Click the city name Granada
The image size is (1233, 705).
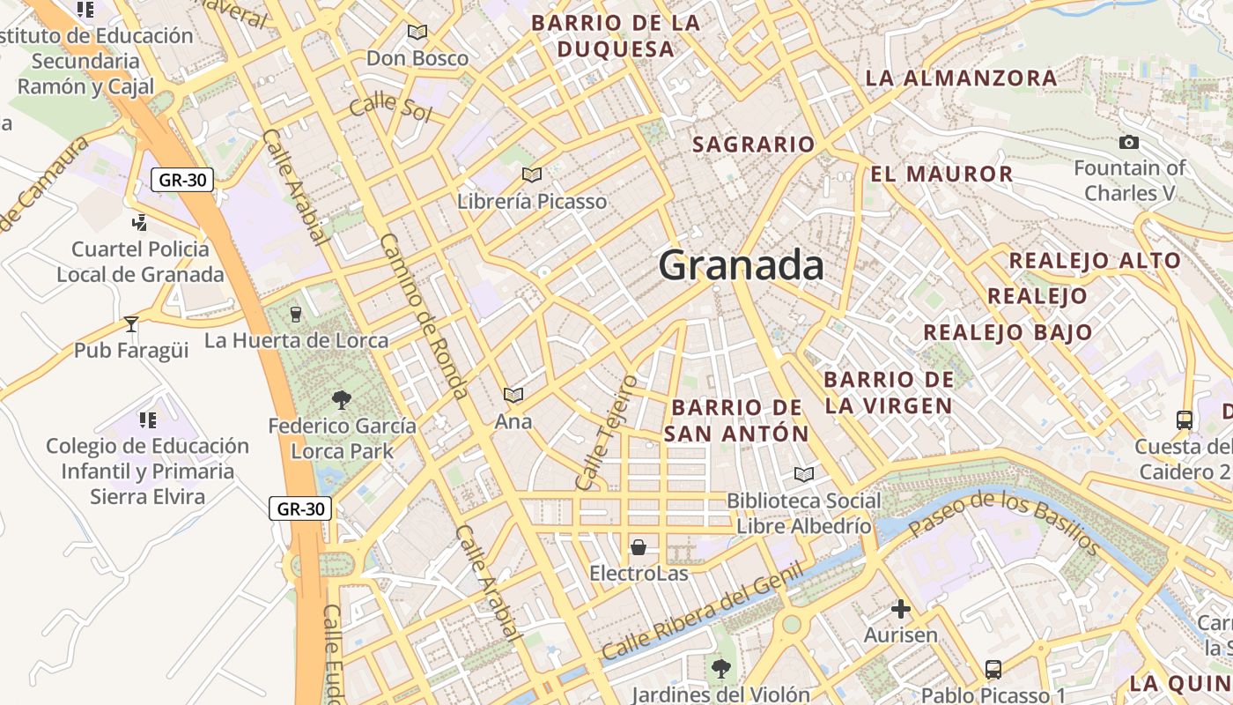(x=741, y=265)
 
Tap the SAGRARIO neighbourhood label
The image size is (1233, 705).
(x=753, y=145)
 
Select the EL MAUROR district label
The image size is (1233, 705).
(x=941, y=174)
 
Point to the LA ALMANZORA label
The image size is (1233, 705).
(x=961, y=78)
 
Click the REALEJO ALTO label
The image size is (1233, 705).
(x=1094, y=261)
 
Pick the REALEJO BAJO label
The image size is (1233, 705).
(x=1008, y=332)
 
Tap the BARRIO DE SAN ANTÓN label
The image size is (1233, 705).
(x=736, y=420)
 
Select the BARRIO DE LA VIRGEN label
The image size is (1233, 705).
(x=889, y=392)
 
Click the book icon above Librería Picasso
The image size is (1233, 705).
(x=531, y=174)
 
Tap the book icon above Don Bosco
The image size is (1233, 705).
(x=417, y=33)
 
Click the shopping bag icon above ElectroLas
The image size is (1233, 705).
(x=639, y=547)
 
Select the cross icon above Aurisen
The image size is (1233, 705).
(x=900, y=608)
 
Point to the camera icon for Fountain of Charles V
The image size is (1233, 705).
(x=1128, y=142)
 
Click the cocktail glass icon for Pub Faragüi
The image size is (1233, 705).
(x=131, y=323)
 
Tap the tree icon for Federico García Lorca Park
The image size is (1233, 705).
(x=342, y=400)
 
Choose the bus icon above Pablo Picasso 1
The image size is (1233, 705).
(x=993, y=669)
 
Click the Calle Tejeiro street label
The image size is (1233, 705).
(x=605, y=433)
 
